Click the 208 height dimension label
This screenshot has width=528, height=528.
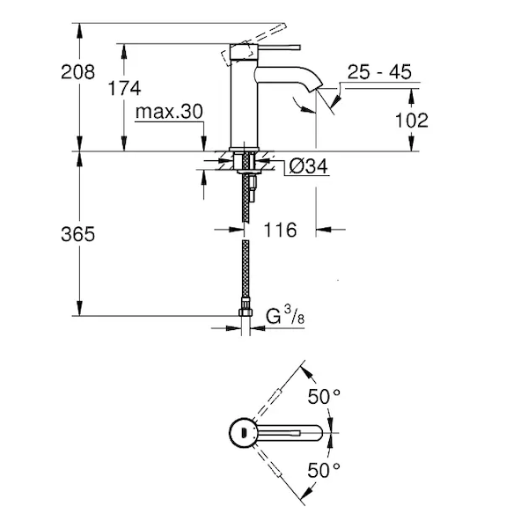78,72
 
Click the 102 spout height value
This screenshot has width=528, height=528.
411,120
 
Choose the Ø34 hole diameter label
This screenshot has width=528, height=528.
309,165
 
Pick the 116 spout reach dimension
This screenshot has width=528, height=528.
280,230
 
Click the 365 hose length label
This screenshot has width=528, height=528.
78,235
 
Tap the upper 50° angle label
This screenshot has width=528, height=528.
324,396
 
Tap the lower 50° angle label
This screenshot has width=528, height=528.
324,471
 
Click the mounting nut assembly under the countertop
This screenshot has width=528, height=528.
244,163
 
